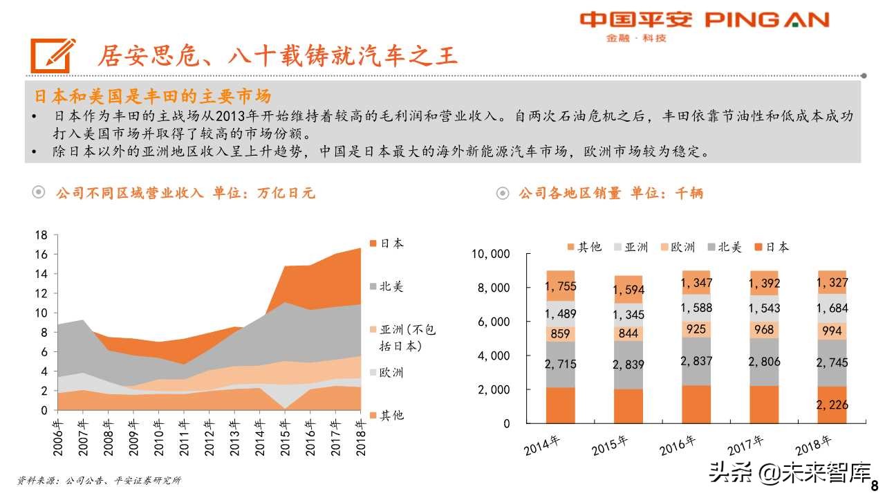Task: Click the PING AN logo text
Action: click(767, 20)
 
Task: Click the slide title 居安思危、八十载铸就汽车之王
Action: click(277, 55)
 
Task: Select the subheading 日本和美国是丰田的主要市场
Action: click(153, 95)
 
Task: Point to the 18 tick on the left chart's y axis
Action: click(41, 235)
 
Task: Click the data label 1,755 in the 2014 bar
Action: click(560, 286)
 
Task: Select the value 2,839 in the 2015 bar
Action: click(628, 364)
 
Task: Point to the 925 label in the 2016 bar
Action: click(696, 329)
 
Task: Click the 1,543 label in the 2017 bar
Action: click(764, 308)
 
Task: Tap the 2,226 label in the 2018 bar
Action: click(832, 405)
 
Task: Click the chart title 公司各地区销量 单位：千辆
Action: click(611, 194)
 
